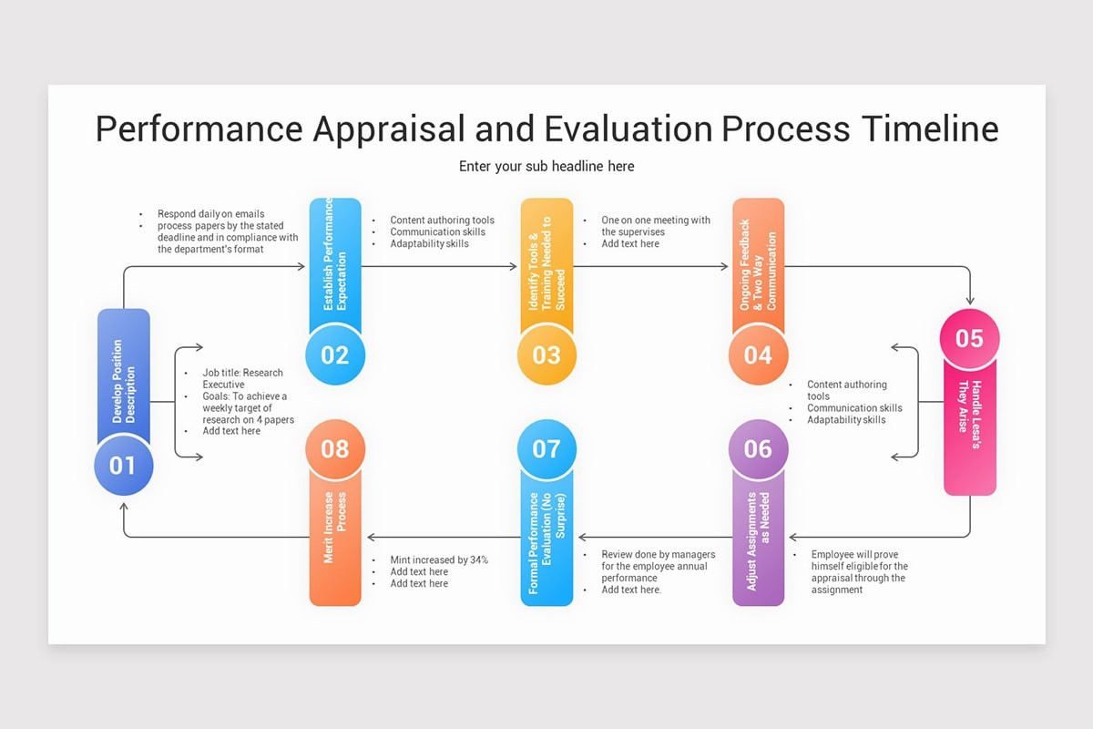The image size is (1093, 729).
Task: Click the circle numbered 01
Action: (123, 466)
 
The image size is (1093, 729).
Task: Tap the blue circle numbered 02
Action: (335, 354)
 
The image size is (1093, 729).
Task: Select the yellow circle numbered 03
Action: (546, 354)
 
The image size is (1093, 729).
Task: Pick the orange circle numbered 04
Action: (758, 354)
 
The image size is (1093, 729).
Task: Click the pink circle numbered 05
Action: (969, 339)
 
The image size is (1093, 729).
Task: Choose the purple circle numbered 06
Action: (758, 448)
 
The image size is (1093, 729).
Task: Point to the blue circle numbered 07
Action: (546, 448)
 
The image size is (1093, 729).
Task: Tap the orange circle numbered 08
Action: (335, 448)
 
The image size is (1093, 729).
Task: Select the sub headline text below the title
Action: (546, 166)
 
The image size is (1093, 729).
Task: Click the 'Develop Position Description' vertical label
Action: (123, 383)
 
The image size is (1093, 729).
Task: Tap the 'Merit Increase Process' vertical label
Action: (335, 529)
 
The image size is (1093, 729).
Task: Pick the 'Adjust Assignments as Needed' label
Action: (758, 542)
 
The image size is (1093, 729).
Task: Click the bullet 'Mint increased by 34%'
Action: (440, 560)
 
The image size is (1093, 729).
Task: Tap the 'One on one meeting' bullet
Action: (656, 221)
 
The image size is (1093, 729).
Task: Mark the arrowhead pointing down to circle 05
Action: (969, 301)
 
